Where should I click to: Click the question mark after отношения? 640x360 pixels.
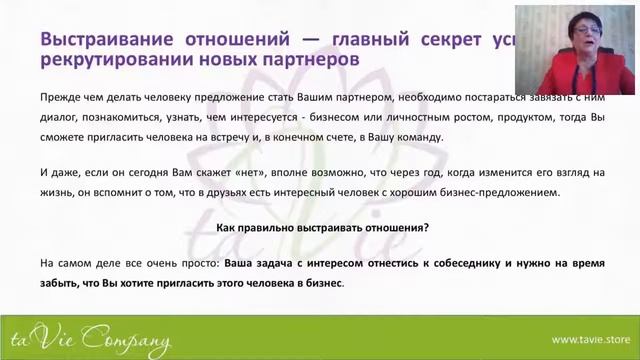coord(426,228)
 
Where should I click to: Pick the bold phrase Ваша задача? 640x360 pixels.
coord(256,262)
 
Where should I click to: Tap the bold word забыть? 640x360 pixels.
coord(62,283)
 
